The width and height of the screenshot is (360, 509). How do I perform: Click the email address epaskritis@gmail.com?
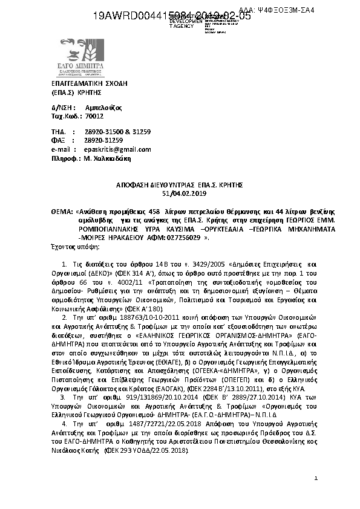point(118,149)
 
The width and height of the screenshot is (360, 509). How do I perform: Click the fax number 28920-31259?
point(103,140)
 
